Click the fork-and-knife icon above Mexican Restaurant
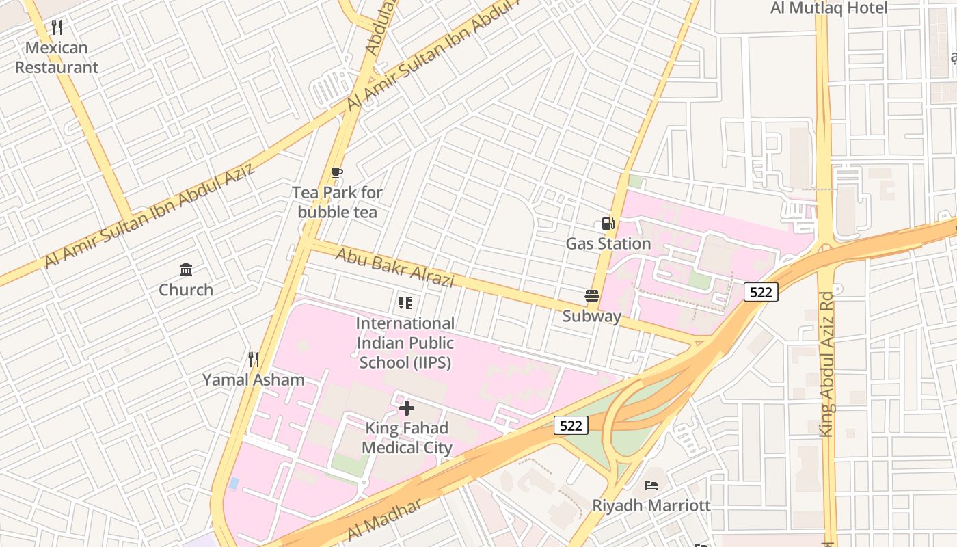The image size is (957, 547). [57, 27]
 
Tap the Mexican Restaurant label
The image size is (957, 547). [57, 57]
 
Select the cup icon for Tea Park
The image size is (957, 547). [336, 173]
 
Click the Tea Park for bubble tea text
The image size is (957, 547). [337, 202]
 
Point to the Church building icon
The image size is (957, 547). [186, 269]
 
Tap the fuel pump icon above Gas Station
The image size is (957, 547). [608, 224]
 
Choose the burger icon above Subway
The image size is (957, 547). [592, 296]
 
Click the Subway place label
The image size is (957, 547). [592, 316]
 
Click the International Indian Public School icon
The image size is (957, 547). [405, 303]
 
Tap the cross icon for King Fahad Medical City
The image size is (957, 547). [407, 408]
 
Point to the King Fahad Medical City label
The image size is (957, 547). [407, 438]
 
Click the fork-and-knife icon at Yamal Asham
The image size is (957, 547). [253, 359]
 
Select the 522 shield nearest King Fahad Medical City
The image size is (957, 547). [570, 426]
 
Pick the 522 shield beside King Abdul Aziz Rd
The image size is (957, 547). [761, 293]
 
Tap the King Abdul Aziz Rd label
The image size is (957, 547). [826, 364]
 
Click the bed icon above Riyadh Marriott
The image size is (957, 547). [651, 485]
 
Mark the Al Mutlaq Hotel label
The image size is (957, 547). [828, 8]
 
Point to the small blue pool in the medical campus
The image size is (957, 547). [234, 483]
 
